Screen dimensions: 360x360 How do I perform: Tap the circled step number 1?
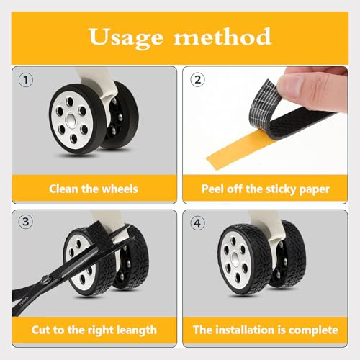tap(27, 81)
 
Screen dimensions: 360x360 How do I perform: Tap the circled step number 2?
tap(197, 81)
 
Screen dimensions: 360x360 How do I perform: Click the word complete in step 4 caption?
tap(312, 330)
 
